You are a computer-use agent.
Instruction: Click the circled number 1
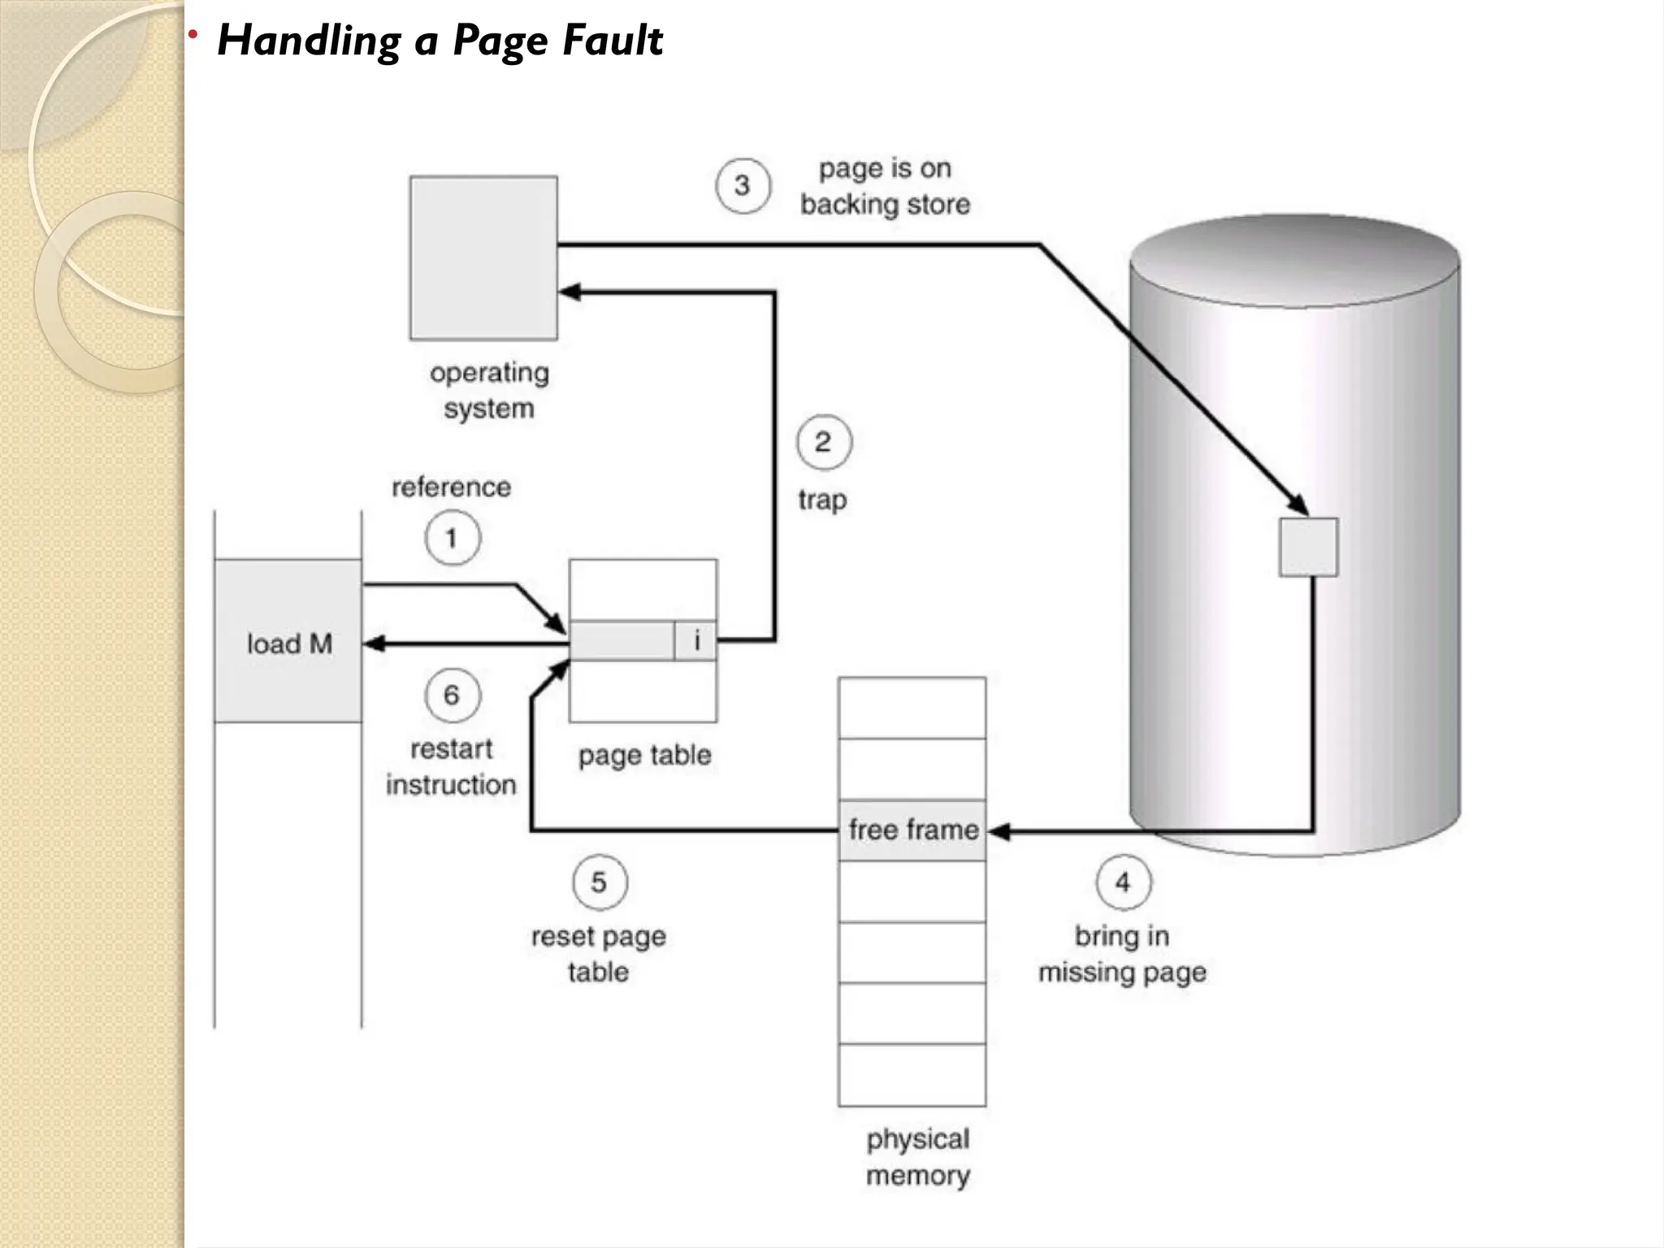pyautogui.click(x=453, y=538)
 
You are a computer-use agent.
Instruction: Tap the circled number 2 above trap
pyautogui.click(x=824, y=443)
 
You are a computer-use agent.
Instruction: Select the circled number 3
pyautogui.click(x=743, y=186)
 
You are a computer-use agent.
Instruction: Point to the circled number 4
pyautogui.click(x=1123, y=882)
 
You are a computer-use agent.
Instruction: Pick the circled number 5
pyautogui.click(x=600, y=882)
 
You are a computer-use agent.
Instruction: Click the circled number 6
pyautogui.click(x=453, y=695)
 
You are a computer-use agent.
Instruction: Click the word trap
pyautogui.click(x=822, y=499)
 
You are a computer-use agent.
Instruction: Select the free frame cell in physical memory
pyautogui.click(x=912, y=830)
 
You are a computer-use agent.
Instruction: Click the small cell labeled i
pyautogui.click(x=696, y=641)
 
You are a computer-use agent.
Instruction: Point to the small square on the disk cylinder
pyautogui.click(x=1308, y=547)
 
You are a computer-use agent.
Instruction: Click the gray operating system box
pyautogui.click(x=483, y=258)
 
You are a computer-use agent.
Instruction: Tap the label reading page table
pyautogui.click(x=644, y=755)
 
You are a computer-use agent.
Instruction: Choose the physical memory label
pyautogui.click(x=917, y=1157)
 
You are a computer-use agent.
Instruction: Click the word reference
pyautogui.click(x=452, y=487)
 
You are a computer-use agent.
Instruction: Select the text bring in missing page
pyautogui.click(x=1122, y=954)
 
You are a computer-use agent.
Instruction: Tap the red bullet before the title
pyautogui.click(x=193, y=34)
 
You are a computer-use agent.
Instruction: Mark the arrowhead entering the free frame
pyautogui.click(x=998, y=831)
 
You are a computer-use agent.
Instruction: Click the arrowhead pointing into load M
pyautogui.click(x=373, y=644)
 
